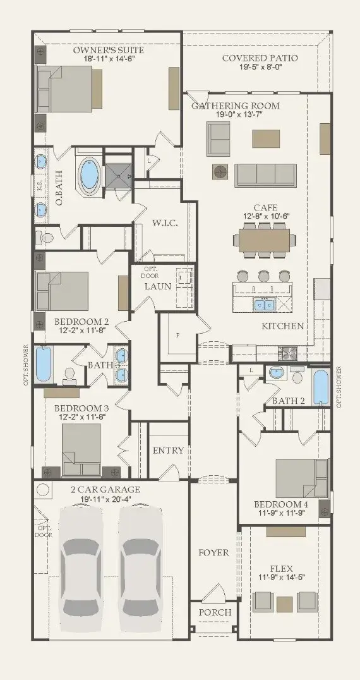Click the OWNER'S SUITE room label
pyautogui.click(x=108, y=50)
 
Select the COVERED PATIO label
pyautogui.click(x=260, y=58)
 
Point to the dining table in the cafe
pyautogui.click(x=265, y=240)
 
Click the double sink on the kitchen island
pyautogui.click(x=264, y=306)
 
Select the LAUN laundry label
pyautogui.click(x=158, y=286)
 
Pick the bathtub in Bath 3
pyautogui.click(x=44, y=364)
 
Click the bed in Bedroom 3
pyautogui.click(x=81, y=449)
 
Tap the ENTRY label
pyautogui.click(x=168, y=451)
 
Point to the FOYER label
pyautogui.click(x=213, y=553)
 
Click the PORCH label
pyautogui.click(x=215, y=612)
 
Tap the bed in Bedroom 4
pyautogui.click(x=301, y=478)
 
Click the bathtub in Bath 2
pyautogui.click(x=321, y=387)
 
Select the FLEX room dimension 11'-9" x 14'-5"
pyautogui.click(x=282, y=577)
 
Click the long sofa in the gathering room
pyautogui.click(x=265, y=175)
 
